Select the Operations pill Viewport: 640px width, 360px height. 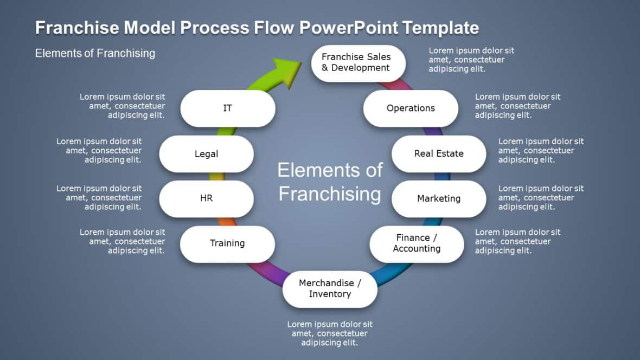(411, 108)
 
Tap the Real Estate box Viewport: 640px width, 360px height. (439, 153)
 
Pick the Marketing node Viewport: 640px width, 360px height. (439, 198)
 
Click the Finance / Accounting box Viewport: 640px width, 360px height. (417, 243)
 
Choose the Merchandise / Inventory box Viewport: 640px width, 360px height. (330, 288)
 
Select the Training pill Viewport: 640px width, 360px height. (227, 243)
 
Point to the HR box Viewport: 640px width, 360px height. (206, 198)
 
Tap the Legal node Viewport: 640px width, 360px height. (206, 154)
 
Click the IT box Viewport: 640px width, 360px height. (227, 108)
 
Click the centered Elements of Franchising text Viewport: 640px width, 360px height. (330, 182)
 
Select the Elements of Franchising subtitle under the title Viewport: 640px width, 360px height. (95, 53)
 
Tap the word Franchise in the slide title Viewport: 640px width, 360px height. (76, 28)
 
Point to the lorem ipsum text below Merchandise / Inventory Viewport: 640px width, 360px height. (330, 333)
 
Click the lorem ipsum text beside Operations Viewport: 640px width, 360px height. (517, 106)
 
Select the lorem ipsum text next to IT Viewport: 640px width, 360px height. (123, 106)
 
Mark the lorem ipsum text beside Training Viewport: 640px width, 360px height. (123, 241)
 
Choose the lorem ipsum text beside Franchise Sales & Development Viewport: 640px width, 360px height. (471, 60)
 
